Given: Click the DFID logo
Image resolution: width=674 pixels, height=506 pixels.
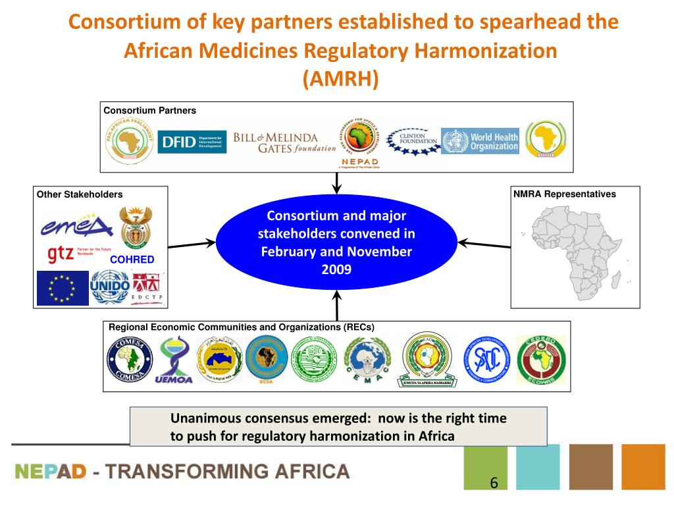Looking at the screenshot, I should [x=192, y=142].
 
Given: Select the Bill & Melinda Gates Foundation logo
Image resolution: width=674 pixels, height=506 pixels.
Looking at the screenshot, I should [x=284, y=142].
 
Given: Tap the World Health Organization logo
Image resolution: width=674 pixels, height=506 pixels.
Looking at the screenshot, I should [x=480, y=141].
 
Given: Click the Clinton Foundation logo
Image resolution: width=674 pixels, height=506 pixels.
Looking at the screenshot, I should [x=413, y=140].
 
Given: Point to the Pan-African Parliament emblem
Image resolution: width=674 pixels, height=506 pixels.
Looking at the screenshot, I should [x=132, y=140].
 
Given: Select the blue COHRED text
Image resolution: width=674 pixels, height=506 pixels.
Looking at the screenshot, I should [x=132, y=260].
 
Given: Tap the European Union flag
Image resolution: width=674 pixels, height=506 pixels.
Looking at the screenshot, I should [x=63, y=288].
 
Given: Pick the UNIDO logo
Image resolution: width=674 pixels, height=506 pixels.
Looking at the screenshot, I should [x=109, y=287].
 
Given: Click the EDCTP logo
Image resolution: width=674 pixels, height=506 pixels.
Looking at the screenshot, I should [x=148, y=289].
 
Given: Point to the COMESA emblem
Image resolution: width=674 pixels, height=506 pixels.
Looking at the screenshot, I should [x=129, y=359].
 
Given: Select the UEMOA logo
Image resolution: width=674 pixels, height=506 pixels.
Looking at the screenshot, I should [x=173, y=360].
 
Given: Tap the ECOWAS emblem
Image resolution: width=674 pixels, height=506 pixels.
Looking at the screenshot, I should [x=540, y=359].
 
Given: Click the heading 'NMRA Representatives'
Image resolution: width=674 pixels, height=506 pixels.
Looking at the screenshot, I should [x=565, y=194].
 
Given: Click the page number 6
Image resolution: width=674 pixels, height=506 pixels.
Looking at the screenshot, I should [x=493, y=483].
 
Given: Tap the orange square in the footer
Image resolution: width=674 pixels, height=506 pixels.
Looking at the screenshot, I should [x=643, y=466].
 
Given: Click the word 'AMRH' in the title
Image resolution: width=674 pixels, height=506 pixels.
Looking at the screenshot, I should [x=340, y=78].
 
